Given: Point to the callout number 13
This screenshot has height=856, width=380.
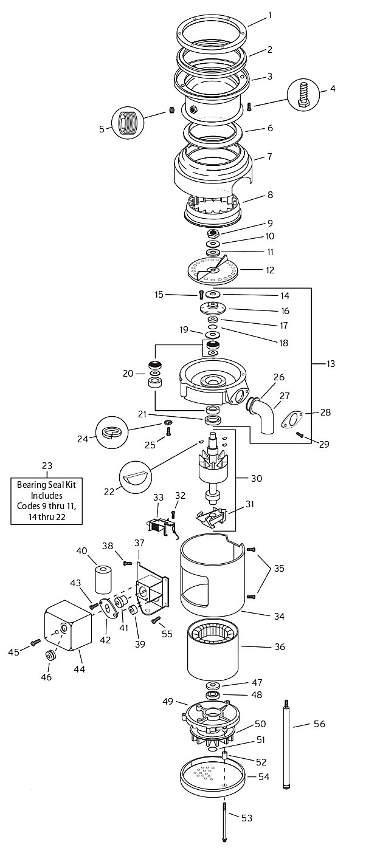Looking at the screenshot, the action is (x=330, y=363).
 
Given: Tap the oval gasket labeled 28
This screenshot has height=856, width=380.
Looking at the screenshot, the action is (x=293, y=419).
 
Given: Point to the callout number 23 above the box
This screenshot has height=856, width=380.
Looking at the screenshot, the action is (x=47, y=466).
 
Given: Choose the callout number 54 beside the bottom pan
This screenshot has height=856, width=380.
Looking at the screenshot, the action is (x=264, y=777).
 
